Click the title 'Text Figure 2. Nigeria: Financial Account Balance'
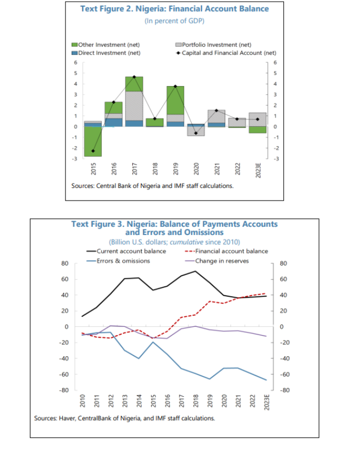tap(174, 9)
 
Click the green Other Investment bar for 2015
tap(93, 141)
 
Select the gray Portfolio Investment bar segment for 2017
tap(134, 106)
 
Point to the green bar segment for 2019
tap(176, 100)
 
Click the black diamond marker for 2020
tap(196, 133)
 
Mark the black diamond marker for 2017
tap(134, 77)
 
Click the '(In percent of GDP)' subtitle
tap(174, 21)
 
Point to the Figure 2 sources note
tap(152, 186)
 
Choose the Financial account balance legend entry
tap(233, 251)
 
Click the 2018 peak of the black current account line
tap(195, 271)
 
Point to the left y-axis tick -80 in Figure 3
tap(64, 390)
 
